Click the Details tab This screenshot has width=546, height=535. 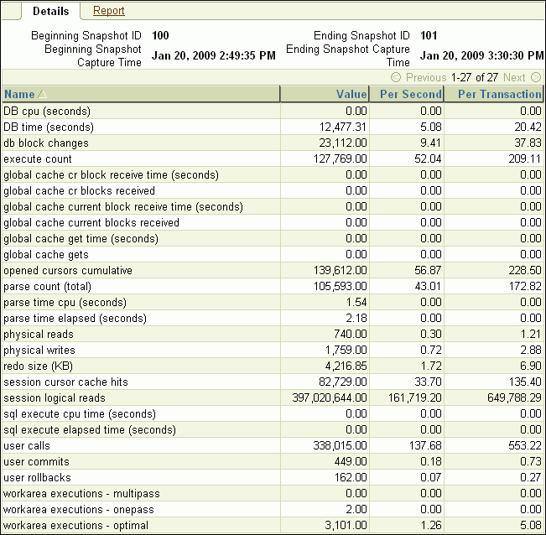50,11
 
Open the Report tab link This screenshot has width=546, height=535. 109,11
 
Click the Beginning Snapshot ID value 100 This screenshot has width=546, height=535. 160,36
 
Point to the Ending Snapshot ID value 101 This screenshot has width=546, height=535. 428,36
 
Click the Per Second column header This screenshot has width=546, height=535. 410,94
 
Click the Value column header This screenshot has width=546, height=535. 351,94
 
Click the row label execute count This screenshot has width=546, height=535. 38,158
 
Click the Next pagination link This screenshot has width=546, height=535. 514,77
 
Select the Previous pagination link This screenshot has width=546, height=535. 425,77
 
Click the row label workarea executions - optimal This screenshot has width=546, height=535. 70,525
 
